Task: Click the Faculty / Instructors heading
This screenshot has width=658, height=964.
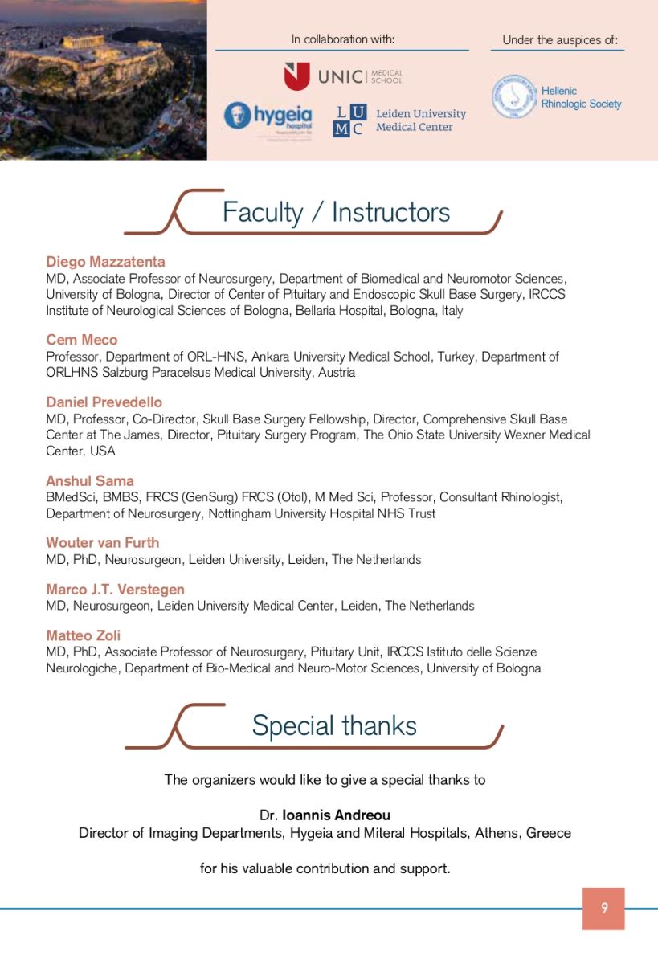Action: pos(336,212)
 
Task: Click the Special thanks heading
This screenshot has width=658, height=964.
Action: pos(334,725)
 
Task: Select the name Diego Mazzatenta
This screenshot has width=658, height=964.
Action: pos(105,262)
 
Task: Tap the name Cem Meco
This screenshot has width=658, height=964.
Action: pos(82,340)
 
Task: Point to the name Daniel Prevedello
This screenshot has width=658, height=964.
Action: pos(104,402)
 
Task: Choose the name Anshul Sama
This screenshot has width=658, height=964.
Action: pos(90,480)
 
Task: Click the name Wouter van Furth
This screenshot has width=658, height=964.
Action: pos(103,542)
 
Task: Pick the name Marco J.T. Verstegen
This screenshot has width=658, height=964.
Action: pos(115,590)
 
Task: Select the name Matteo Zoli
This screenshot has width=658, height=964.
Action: pos(84,635)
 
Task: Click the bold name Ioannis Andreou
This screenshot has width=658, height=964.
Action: pos(337,815)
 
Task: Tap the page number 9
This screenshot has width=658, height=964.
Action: pos(603,909)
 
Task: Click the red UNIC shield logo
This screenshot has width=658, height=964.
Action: pos(296,77)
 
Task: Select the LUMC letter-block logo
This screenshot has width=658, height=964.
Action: pos(349,120)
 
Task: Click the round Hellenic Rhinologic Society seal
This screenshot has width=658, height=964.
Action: pos(513,97)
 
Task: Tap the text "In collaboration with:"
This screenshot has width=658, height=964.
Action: pos(342,39)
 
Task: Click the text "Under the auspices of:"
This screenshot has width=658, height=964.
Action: pos(560,39)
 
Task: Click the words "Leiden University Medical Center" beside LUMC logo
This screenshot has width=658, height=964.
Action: pos(421,120)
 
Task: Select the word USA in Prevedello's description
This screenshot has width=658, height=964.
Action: pos(102,451)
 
